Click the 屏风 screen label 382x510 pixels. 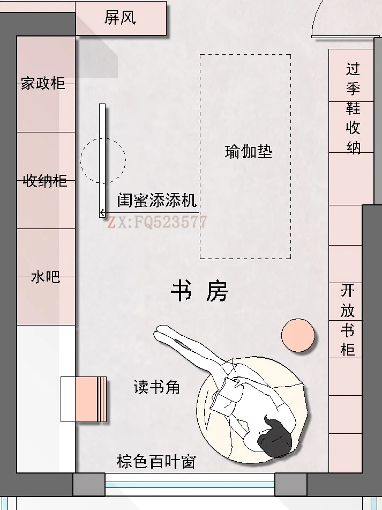(x=120, y=18)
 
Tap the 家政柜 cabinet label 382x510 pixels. (x=43, y=84)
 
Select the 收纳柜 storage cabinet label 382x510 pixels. (x=45, y=181)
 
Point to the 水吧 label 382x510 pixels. (x=45, y=277)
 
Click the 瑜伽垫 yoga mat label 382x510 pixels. (x=248, y=152)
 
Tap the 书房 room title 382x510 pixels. (x=199, y=292)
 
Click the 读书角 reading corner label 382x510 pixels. (x=156, y=387)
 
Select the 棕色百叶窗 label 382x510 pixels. (x=156, y=461)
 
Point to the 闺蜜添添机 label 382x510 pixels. (x=157, y=201)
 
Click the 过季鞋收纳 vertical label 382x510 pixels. (x=353, y=108)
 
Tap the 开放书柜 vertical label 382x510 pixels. (x=348, y=320)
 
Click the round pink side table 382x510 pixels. (x=298, y=335)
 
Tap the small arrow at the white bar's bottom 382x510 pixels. (x=102, y=213)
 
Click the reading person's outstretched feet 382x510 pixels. (x=161, y=333)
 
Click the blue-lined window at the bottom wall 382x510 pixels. (x=190, y=485)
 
